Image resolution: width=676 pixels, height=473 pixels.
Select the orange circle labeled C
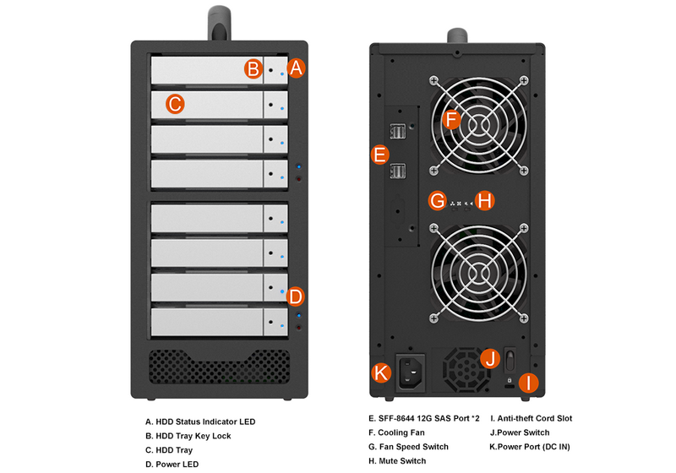(x=173, y=105)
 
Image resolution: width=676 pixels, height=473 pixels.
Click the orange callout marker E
(x=379, y=155)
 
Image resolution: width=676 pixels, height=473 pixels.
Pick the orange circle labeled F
(x=451, y=120)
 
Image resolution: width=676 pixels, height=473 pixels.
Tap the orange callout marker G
(x=437, y=200)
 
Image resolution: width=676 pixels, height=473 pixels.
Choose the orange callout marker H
(x=483, y=200)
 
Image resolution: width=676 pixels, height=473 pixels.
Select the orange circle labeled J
(x=490, y=359)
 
